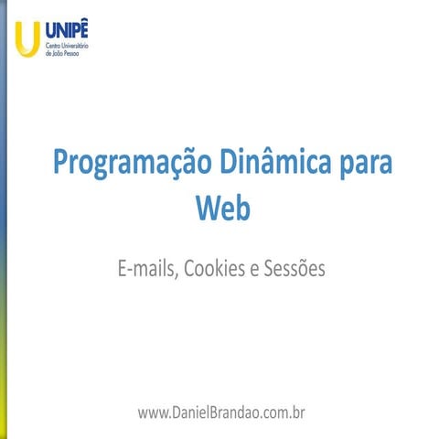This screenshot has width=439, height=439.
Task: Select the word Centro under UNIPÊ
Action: point(53,46)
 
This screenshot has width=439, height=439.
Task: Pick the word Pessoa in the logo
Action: point(73,53)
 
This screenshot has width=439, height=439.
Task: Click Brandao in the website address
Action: point(235,412)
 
